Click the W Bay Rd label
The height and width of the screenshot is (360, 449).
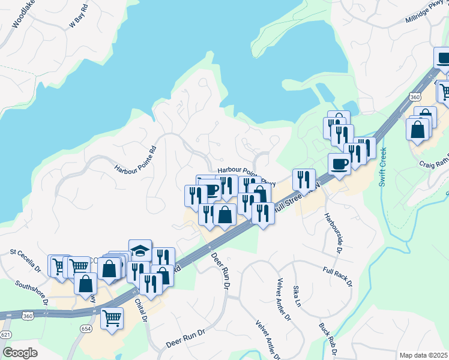(79, 16)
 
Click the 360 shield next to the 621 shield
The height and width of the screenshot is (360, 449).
(28, 315)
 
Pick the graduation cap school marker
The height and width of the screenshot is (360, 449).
(139, 251)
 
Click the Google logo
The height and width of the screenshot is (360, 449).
(20, 353)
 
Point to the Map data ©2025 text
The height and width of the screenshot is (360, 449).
(423, 355)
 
